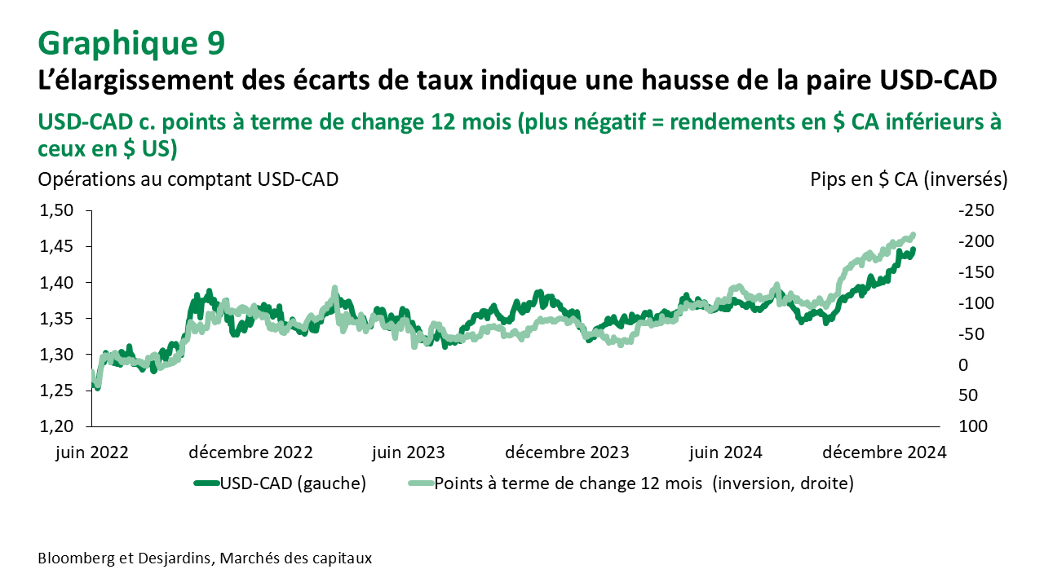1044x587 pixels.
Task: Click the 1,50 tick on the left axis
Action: point(57,211)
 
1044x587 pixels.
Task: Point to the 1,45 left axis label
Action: point(57,247)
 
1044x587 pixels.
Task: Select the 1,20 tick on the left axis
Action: point(57,426)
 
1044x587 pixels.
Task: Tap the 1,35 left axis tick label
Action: point(57,319)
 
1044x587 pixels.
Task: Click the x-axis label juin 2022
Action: point(92,452)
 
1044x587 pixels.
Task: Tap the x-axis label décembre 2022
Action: point(252,452)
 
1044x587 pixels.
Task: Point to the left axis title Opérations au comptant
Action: point(188,179)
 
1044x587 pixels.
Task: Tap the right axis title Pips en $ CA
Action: point(909,179)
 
